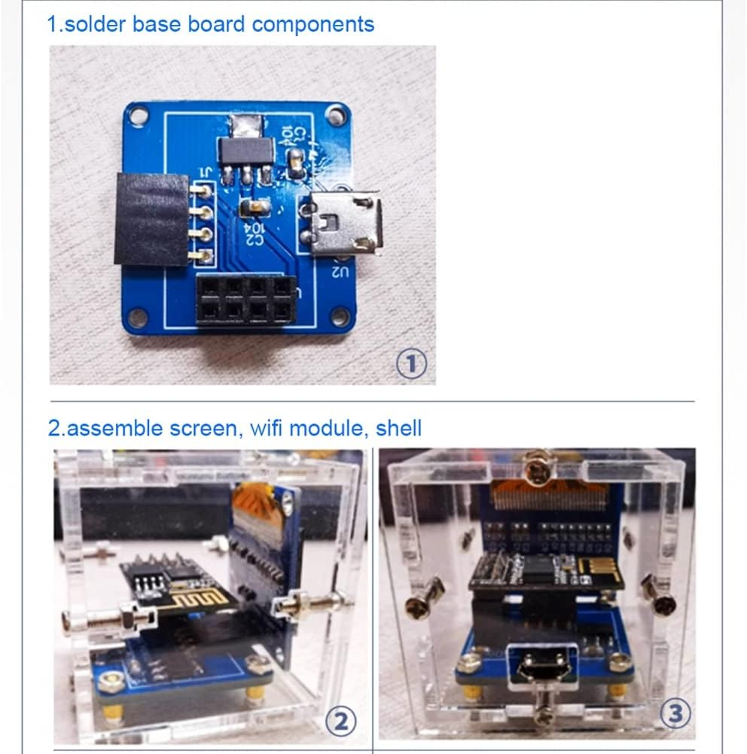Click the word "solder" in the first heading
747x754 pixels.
pos(96,24)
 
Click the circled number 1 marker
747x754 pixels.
pos(412,365)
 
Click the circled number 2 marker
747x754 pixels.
pos(340,723)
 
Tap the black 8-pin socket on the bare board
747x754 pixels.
pos(245,300)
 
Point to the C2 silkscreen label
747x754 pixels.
pos(254,233)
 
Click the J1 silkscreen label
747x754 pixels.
pos(202,175)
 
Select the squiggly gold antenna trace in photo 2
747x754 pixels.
pos(185,603)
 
